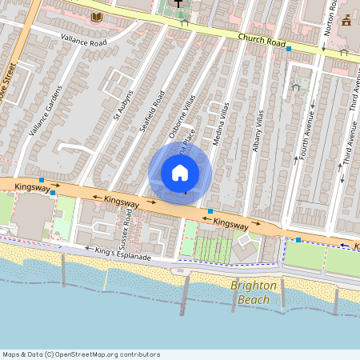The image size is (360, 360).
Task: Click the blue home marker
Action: [180, 173]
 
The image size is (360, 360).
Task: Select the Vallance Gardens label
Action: [44, 110]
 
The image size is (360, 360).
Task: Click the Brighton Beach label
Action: [254, 293]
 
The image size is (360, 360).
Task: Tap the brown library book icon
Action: [97, 17]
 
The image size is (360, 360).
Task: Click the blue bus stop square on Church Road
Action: [288, 48]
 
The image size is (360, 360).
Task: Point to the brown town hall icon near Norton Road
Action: [346, 20]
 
